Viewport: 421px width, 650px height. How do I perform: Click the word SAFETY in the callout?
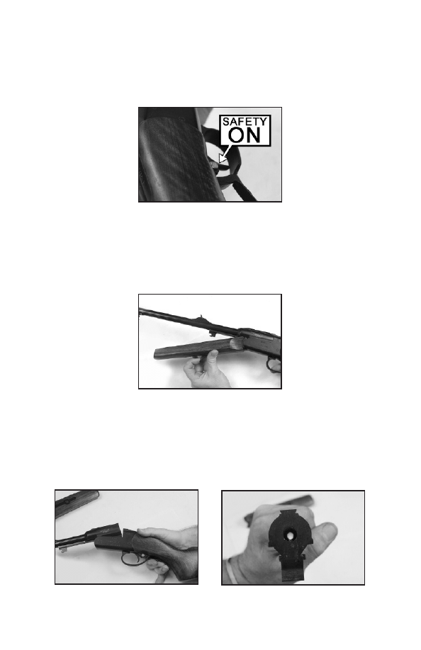click(x=245, y=122)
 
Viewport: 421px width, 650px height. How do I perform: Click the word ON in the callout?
click(x=245, y=135)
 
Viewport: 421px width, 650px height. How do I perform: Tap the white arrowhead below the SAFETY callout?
click(x=223, y=159)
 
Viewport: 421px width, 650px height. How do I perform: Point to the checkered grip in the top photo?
click(x=176, y=157)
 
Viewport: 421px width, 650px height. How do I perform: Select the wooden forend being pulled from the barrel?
click(x=199, y=348)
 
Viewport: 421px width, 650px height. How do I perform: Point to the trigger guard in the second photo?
click(x=274, y=365)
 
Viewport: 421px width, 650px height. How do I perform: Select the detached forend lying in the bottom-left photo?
click(x=77, y=503)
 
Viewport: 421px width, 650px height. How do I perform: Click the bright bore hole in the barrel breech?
click(x=289, y=535)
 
